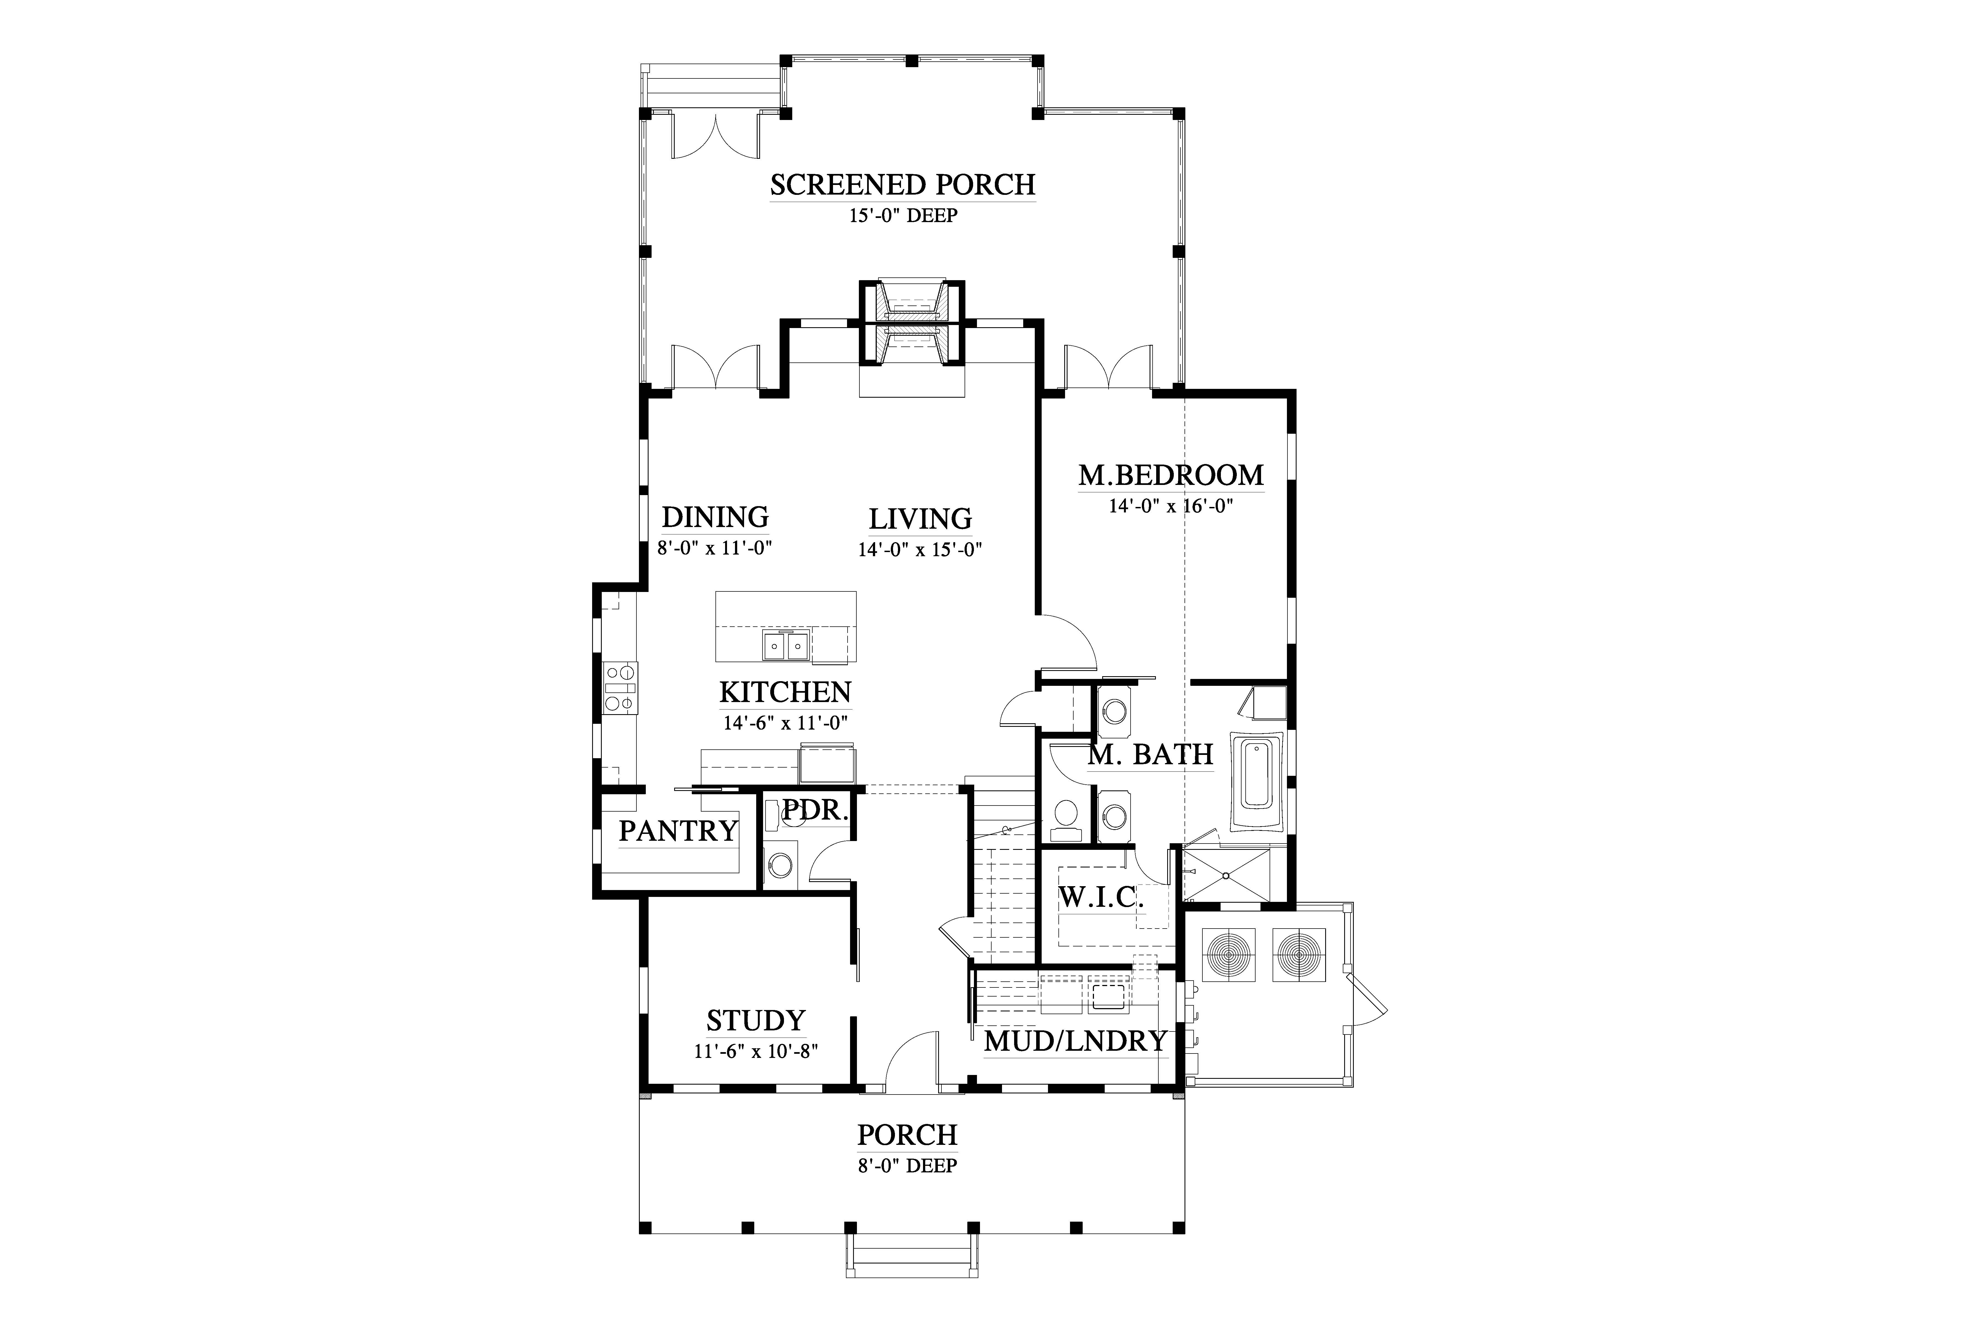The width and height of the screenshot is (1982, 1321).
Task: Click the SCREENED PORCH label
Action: point(903,184)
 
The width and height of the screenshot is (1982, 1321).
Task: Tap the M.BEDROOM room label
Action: point(1171,475)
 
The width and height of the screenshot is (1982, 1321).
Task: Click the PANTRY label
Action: point(678,831)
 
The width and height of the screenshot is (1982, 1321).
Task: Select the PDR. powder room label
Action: point(815,810)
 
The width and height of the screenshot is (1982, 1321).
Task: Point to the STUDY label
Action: point(756,1021)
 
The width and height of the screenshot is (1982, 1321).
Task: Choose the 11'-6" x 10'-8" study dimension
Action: point(756,1051)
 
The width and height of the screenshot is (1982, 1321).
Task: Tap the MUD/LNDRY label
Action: point(1075,1041)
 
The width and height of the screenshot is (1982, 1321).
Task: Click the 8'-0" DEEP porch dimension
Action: point(908,1166)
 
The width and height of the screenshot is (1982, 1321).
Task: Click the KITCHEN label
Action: point(785,692)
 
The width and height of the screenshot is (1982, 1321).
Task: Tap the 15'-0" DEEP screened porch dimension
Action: point(903,216)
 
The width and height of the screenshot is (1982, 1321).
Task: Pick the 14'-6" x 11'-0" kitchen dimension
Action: point(785,723)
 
